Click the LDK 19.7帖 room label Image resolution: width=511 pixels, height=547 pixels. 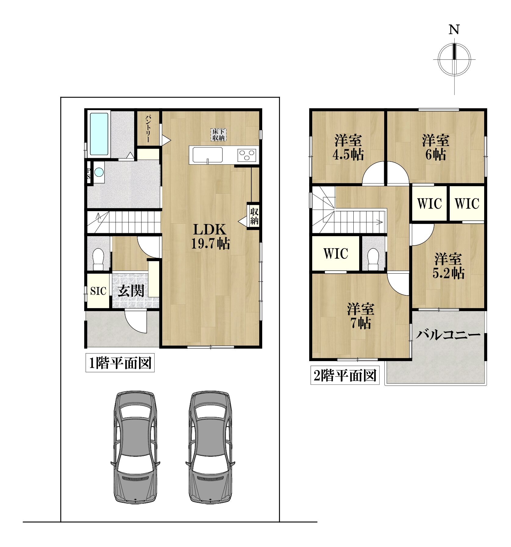[x=210, y=236]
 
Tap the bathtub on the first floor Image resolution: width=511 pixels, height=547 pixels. [x=99, y=134]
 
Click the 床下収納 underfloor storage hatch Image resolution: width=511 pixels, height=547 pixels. [x=218, y=134]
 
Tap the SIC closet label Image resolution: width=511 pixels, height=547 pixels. [x=98, y=291]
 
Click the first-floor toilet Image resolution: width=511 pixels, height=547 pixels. [x=98, y=259]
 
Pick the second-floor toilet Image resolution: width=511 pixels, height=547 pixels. [x=373, y=259]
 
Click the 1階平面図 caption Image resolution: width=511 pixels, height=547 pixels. [x=120, y=363]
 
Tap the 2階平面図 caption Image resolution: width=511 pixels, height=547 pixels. [x=345, y=375]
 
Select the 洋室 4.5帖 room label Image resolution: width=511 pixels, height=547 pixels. [x=348, y=147]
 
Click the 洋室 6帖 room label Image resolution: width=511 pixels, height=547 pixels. [x=436, y=147]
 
